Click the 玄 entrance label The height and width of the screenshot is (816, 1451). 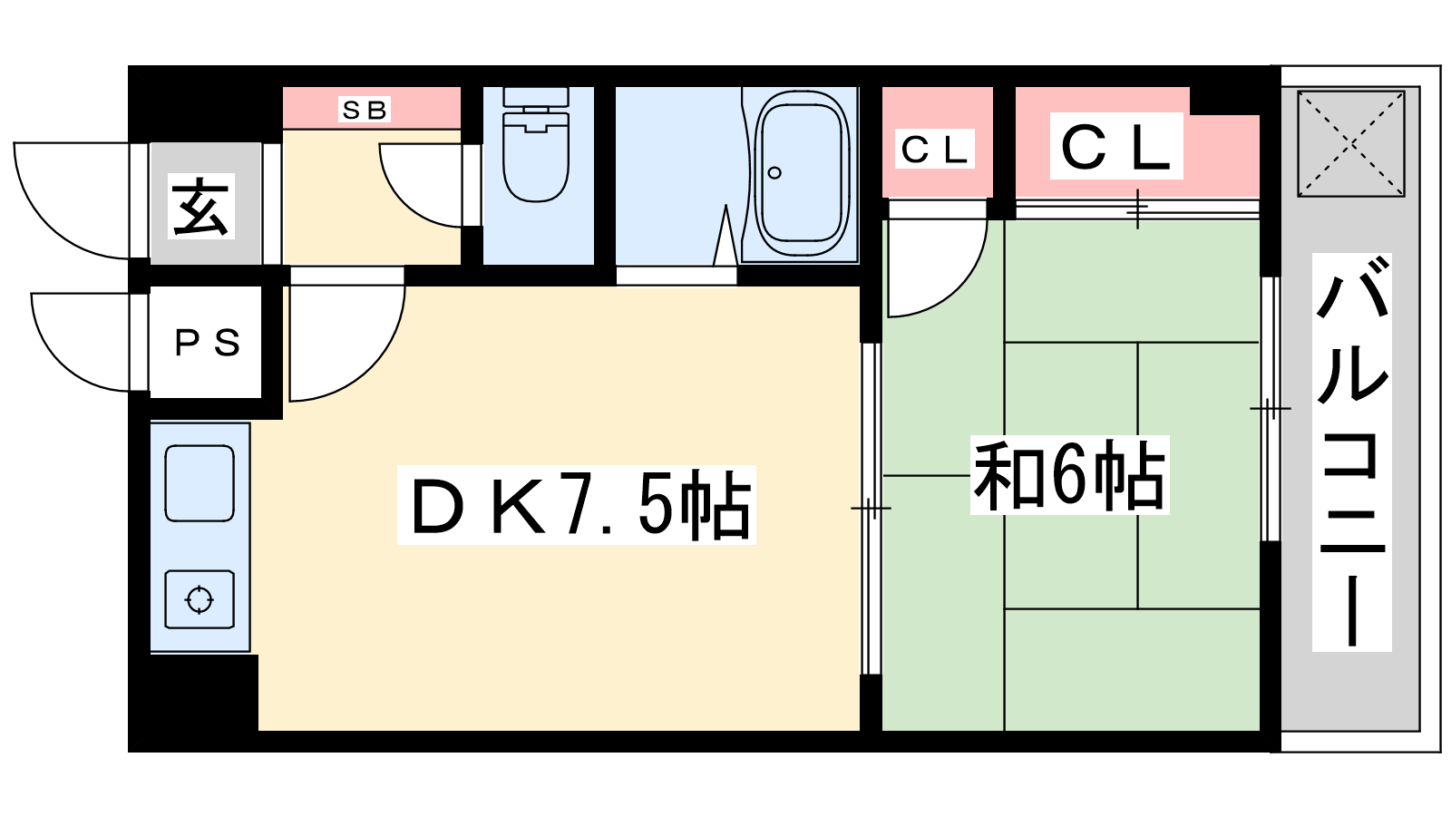click(200, 206)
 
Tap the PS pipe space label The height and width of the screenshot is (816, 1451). click(208, 344)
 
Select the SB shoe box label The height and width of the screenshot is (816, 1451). click(365, 110)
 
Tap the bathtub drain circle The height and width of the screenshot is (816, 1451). click(774, 173)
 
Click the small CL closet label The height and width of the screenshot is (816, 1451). click(935, 150)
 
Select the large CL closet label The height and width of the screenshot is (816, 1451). click(1116, 147)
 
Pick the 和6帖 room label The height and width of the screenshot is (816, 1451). click(1069, 475)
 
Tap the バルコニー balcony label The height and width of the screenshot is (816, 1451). click(1352, 452)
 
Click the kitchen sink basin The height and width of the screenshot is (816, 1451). click(200, 483)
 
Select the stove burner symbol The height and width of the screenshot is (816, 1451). click(200, 599)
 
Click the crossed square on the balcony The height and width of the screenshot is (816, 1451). click(1351, 144)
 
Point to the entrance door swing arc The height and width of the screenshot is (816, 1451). click(72, 200)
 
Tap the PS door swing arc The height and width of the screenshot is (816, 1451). click(81, 342)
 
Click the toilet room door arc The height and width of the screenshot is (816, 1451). click(421, 185)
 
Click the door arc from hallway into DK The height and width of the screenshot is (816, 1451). click(347, 344)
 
